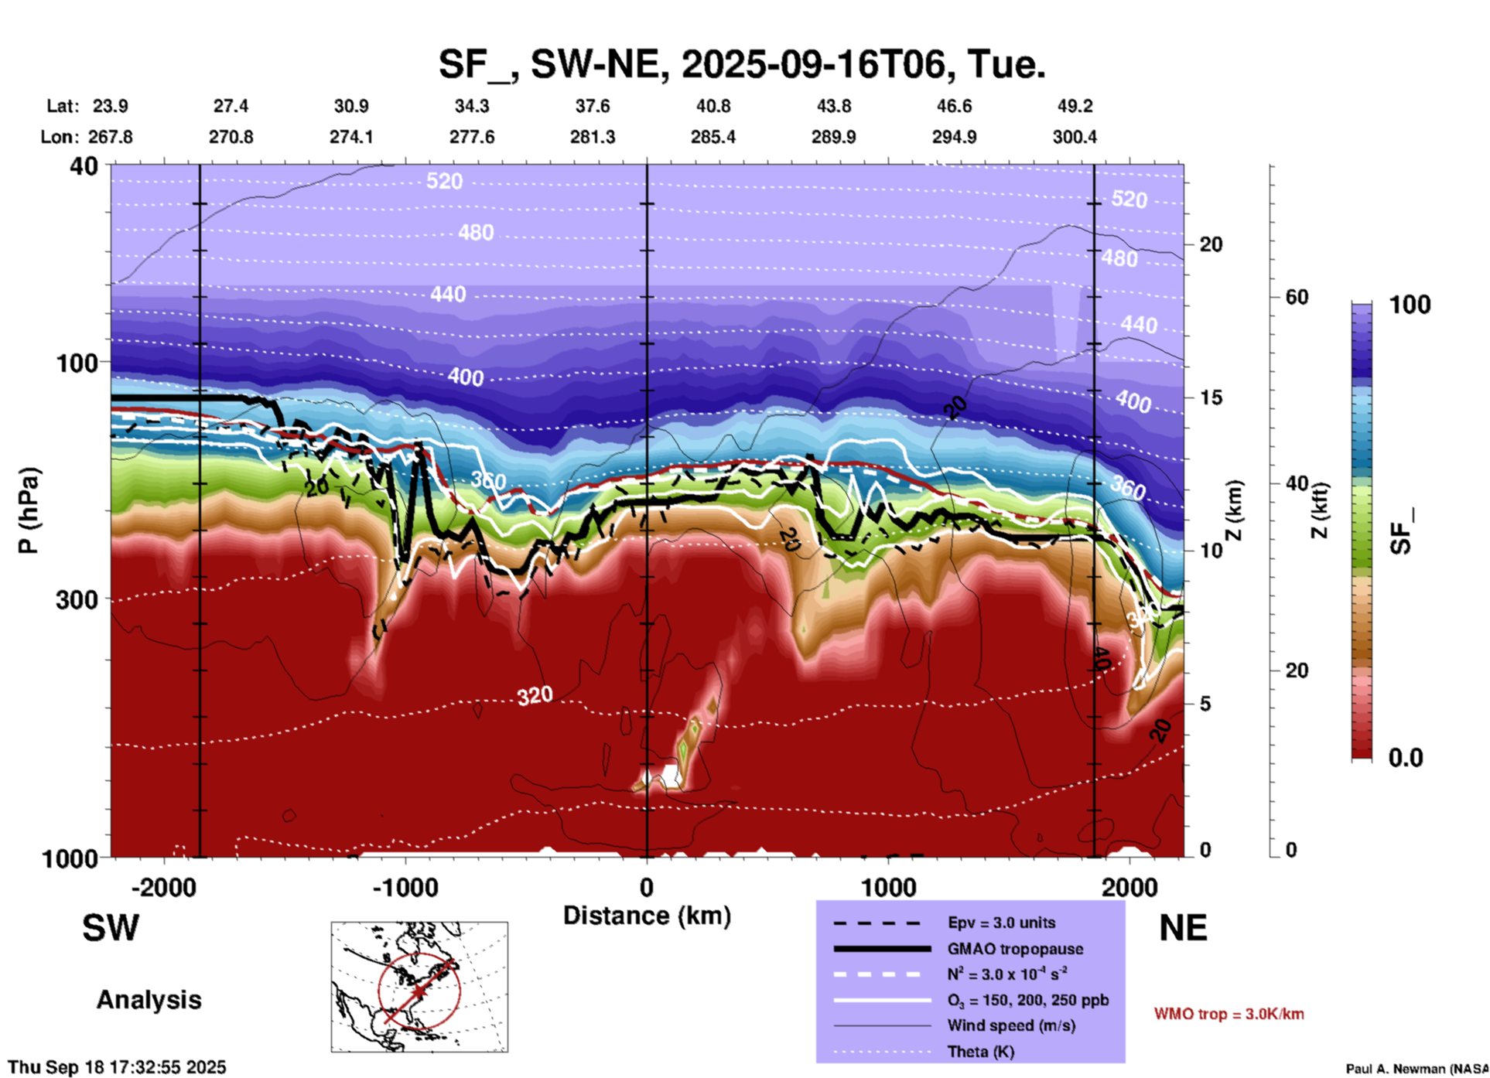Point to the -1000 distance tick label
pyautogui.click(x=405, y=888)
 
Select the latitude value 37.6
pyautogui.click(x=592, y=106)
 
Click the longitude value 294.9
pyautogui.click(x=953, y=138)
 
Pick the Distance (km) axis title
pyautogui.click(x=647, y=916)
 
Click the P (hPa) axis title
pyautogui.click(x=29, y=510)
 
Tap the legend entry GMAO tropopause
pyautogui.click(x=1015, y=949)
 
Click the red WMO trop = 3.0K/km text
pyautogui.click(x=1229, y=1014)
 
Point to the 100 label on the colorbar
pyautogui.click(x=1410, y=305)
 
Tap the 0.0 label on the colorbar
pyautogui.click(x=1406, y=758)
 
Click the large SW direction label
pyautogui.click(x=111, y=928)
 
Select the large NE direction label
pyautogui.click(x=1183, y=928)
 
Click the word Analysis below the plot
pyautogui.click(x=149, y=1000)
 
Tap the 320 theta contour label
pyautogui.click(x=535, y=696)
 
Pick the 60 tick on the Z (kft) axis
pyautogui.click(x=1296, y=297)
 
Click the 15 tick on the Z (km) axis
pyautogui.click(x=1211, y=397)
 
